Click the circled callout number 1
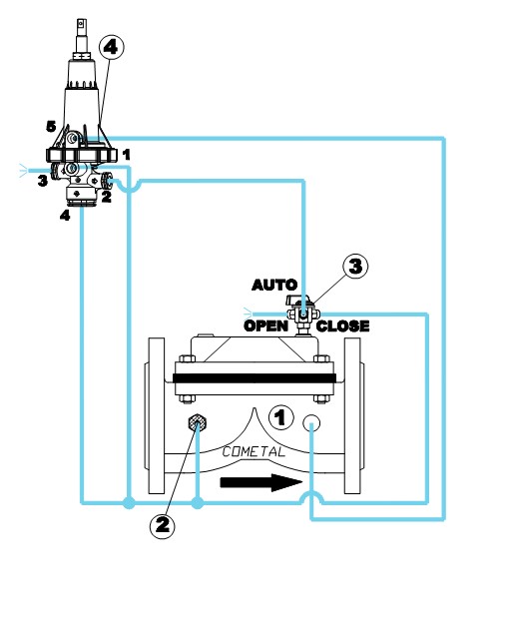pos(280,417)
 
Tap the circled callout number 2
pos(163,525)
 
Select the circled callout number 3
pos(355,267)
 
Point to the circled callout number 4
pos(111,48)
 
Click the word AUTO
pos(274,285)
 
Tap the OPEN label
pos(266,326)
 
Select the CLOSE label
pos(343,326)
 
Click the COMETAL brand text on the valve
pos(254,452)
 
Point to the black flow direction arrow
pos(261,482)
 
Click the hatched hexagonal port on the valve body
pos(197,423)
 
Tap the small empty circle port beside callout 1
pos(311,423)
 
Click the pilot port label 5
pos(51,127)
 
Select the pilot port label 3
pos(43,181)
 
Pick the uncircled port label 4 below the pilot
pos(65,215)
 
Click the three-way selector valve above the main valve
pos(302,315)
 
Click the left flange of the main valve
pos(155,415)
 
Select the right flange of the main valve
pos(353,415)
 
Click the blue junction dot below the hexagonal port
pos(198,502)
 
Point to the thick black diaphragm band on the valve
pos(255,378)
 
